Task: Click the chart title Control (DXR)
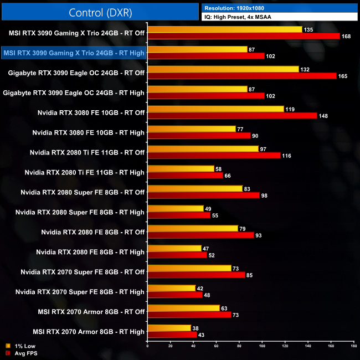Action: click(x=99, y=12)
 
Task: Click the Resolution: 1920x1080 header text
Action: click(x=238, y=8)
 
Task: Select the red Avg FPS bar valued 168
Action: click(x=244, y=36)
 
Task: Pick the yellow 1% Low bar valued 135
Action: click(x=225, y=29)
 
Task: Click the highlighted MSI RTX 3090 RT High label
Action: click(x=74, y=53)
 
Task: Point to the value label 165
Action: click(x=342, y=76)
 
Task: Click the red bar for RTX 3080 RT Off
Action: click(x=232, y=116)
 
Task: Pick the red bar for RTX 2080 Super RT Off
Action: click(x=203, y=196)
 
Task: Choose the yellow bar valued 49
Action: click(x=176, y=209)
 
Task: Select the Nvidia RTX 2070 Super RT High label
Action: click(x=80, y=292)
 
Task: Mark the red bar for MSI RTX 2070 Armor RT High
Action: click(x=172, y=335)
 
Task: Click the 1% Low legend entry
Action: click(x=20, y=346)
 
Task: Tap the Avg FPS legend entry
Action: click(x=20, y=352)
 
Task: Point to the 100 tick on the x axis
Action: click(x=262, y=347)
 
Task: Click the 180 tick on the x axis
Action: click(x=353, y=347)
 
